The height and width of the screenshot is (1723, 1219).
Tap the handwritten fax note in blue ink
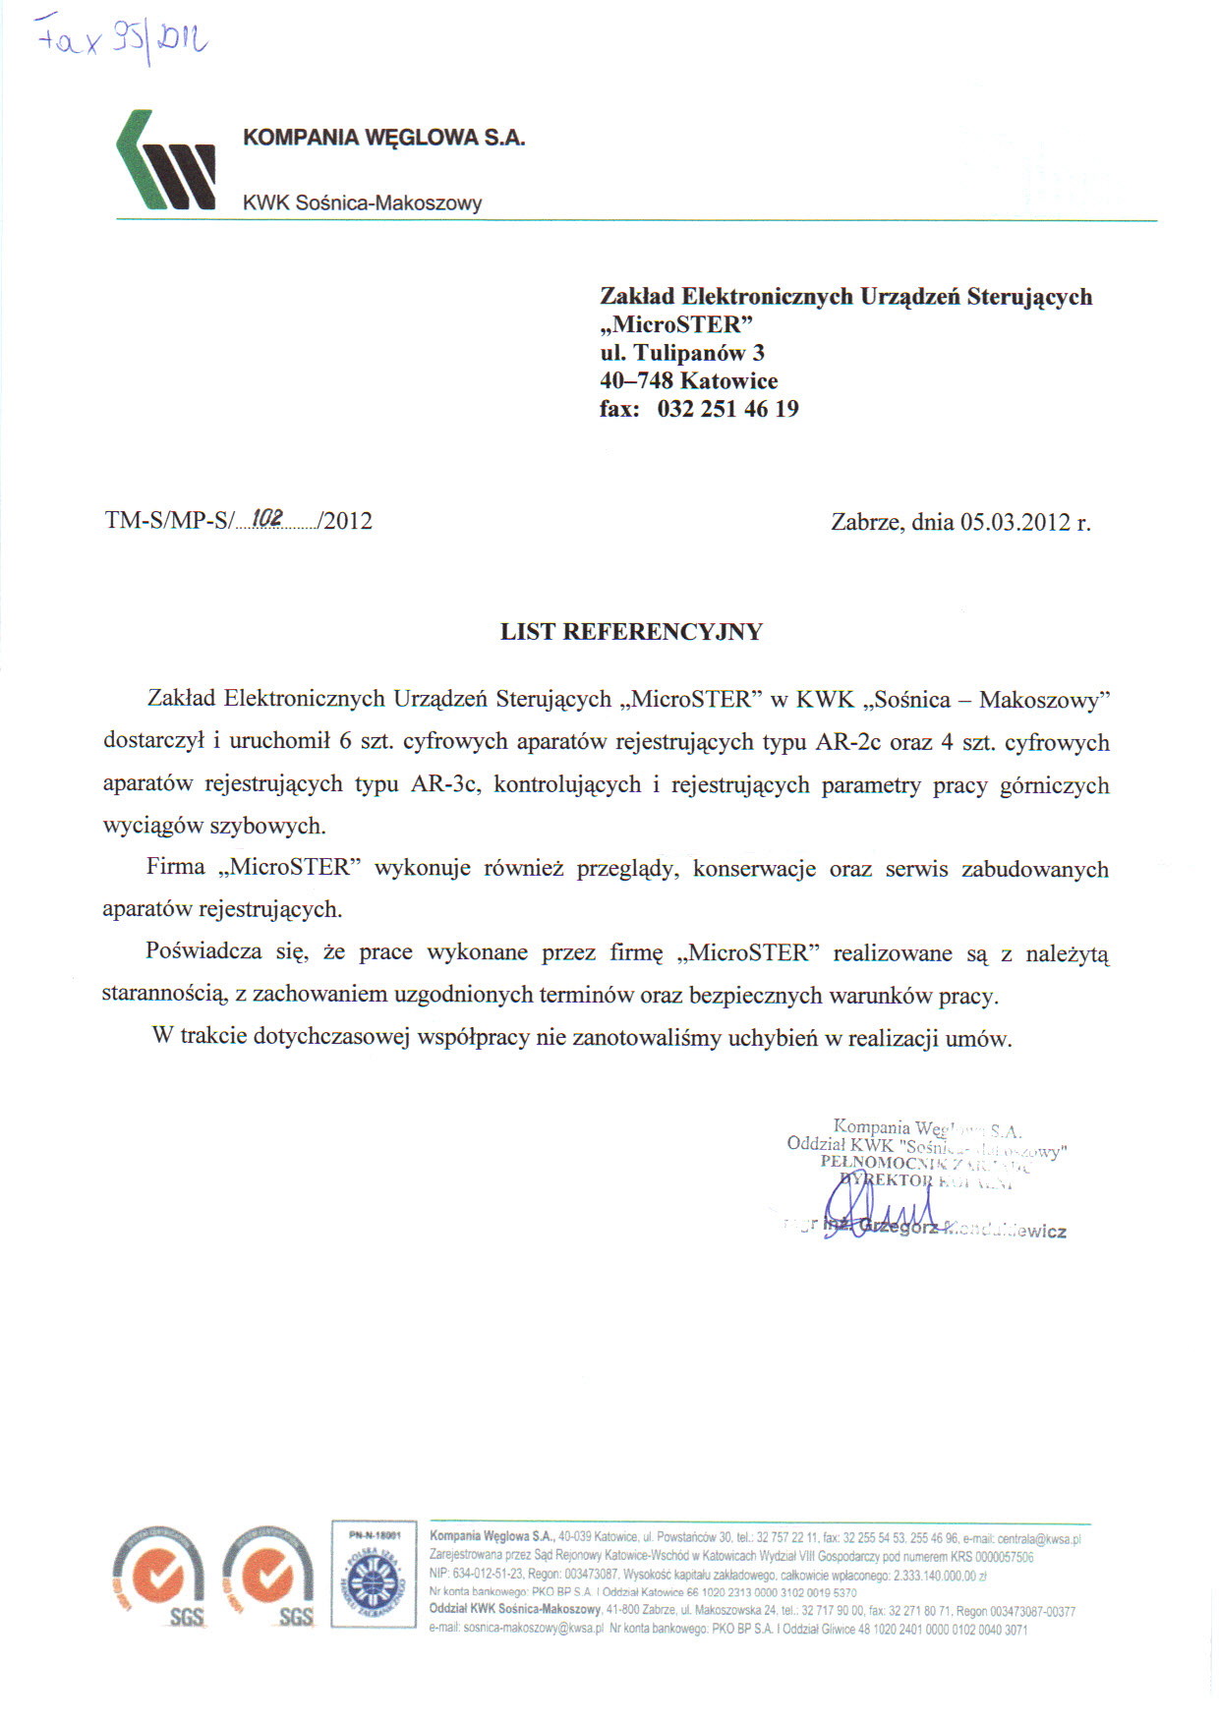(x=122, y=39)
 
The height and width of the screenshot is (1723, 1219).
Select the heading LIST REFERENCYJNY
(x=631, y=632)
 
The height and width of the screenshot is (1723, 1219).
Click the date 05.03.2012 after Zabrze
(x=1015, y=522)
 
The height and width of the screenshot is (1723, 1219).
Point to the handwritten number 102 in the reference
(x=268, y=517)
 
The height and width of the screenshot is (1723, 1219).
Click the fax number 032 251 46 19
(x=727, y=409)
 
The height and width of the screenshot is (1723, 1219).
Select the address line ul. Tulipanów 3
(x=682, y=353)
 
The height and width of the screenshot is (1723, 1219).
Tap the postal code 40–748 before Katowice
(x=636, y=381)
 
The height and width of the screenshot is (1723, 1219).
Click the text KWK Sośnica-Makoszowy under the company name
(x=362, y=203)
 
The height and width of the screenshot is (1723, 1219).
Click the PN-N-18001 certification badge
(x=374, y=1574)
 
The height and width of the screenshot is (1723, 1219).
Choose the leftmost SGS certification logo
(x=158, y=1576)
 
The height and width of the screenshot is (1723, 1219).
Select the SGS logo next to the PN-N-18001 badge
(x=268, y=1576)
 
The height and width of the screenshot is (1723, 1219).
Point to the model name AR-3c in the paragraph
(x=447, y=784)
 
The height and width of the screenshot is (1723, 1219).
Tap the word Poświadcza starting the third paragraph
(x=203, y=951)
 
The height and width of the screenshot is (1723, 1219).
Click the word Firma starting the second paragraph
(x=176, y=867)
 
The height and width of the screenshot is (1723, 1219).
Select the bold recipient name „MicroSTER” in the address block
(x=676, y=324)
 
